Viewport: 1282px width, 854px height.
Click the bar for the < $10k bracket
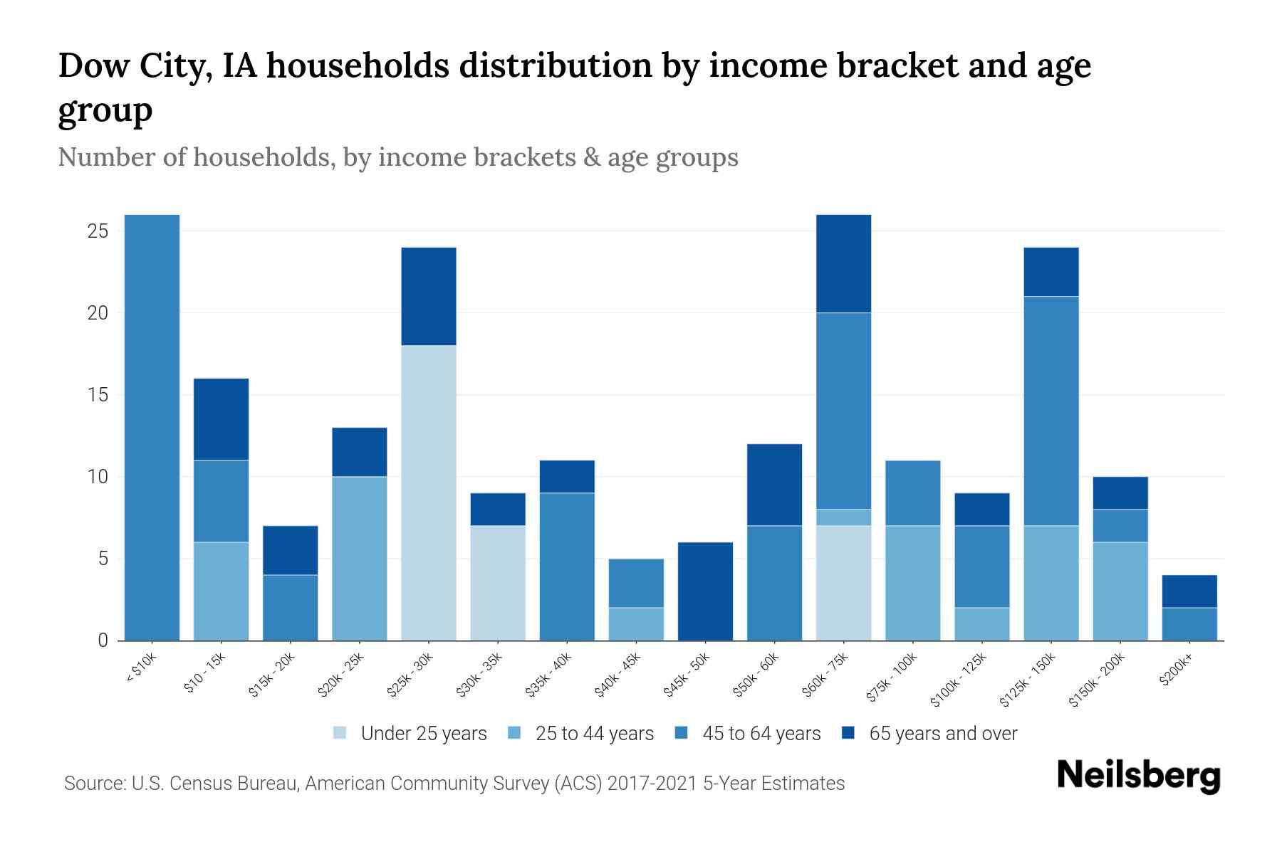click(x=152, y=427)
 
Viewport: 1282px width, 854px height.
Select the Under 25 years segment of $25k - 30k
click(x=428, y=492)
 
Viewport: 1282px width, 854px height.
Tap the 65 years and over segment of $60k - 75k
click(x=843, y=263)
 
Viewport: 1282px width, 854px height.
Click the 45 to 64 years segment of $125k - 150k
click(x=1051, y=411)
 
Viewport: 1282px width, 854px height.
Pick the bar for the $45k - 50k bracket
click(x=705, y=591)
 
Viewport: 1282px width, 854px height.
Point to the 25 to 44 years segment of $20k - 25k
click(x=359, y=558)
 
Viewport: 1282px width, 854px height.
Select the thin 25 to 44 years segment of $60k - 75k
click(x=843, y=517)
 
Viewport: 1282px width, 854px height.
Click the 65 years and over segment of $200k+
click(x=1189, y=591)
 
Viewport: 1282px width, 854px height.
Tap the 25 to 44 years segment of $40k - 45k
click(x=636, y=623)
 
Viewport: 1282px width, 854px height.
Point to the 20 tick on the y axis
click(x=98, y=313)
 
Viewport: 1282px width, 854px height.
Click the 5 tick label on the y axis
click(x=103, y=559)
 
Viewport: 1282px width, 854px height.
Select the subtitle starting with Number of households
click(x=397, y=157)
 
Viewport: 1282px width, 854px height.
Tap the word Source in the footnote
click(x=93, y=784)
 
